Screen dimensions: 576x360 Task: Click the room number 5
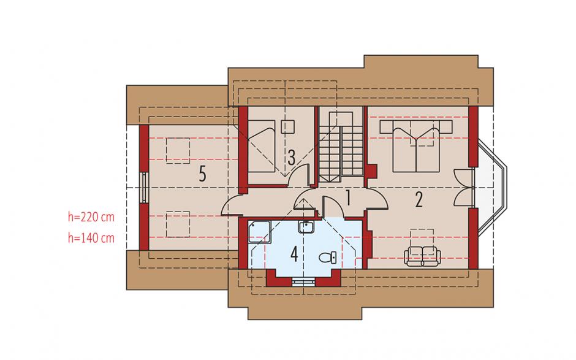[x=202, y=174]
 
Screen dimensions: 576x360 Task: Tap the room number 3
[x=291, y=158]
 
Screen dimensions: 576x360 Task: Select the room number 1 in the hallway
[x=347, y=198]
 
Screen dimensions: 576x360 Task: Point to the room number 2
[x=419, y=200]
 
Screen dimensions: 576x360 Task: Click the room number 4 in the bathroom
[x=294, y=254]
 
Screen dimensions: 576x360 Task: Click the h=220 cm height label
[x=91, y=217]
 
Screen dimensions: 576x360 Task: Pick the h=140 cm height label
[x=91, y=239]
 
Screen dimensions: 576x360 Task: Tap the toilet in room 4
[x=328, y=258]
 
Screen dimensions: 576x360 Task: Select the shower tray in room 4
[x=259, y=231]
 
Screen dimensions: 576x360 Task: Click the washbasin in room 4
[x=306, y=228]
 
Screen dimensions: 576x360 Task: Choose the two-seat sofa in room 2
[x=421, y=256]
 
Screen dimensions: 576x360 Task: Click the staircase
[x=341, y=147]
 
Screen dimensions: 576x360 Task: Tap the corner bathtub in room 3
[x=262, y=146]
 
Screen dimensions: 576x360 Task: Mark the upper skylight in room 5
[x=178, y=150]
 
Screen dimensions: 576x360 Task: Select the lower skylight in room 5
[x=178, y=224]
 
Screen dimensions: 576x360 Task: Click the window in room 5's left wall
[x=145, y=188]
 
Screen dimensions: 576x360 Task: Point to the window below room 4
[x=303, y=281]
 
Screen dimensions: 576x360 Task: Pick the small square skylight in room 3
[x=287, y=126]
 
